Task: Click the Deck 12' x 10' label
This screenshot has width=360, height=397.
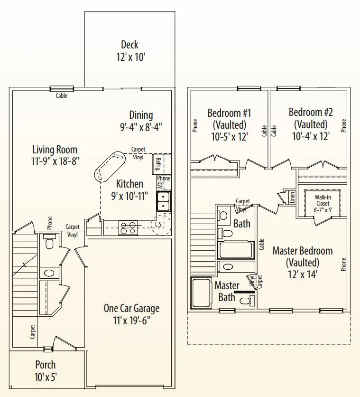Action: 130,51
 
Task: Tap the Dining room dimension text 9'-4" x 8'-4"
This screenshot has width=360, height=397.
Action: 141,127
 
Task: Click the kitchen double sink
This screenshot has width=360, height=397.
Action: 164,201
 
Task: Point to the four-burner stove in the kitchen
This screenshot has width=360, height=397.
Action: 129,227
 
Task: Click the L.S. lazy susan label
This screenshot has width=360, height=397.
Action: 158,224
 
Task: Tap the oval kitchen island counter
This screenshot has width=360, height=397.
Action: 110,166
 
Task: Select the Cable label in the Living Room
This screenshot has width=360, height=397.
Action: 62,95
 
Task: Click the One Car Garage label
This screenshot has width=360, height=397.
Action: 131,308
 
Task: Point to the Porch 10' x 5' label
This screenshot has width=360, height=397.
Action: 46,371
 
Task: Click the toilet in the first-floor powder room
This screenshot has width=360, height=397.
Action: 49,242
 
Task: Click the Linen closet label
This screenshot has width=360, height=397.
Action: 292,197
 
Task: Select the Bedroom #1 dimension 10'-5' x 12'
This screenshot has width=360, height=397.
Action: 229,137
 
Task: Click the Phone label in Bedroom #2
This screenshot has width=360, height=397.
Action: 343,125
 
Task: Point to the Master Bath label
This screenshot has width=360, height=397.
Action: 227,292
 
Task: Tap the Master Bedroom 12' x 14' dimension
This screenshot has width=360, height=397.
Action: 303,274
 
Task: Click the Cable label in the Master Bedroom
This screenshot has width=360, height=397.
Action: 261,245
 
